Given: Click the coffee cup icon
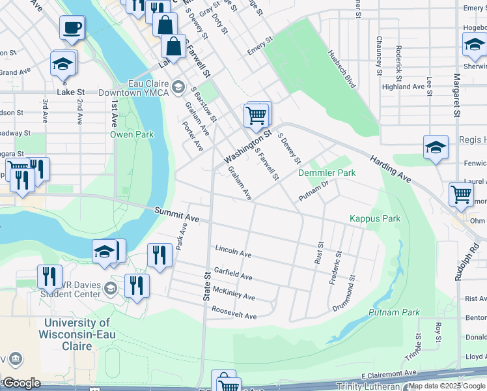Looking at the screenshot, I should (x=72, y=28).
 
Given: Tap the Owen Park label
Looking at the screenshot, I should (x=132, y=135).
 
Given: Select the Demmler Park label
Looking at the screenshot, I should (x=327, y=173).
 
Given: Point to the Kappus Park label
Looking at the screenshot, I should (x=374, y=219).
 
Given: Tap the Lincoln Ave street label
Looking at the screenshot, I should (x=232, y=252).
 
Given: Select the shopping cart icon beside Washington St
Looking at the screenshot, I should (x=257, y=115).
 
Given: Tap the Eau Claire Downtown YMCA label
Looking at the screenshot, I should (x=133, y=87).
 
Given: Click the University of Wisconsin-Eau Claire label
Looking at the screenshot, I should (x=77, y=334).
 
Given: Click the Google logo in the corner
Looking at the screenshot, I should (x=21, y=383).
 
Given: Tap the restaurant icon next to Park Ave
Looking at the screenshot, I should (x=160, y=255).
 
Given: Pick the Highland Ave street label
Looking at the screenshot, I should (x=404, y=87).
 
